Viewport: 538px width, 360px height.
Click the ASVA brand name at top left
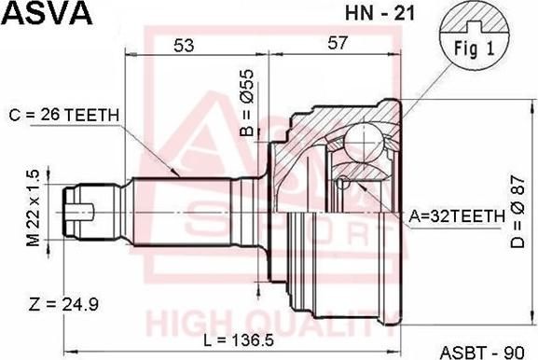pos(46,13)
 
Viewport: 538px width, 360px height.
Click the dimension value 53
pos(183,44)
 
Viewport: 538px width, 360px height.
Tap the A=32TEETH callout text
pos(457,215)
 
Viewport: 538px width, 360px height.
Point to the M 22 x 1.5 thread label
pos(34,208)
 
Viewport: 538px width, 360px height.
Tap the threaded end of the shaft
pos(79,205)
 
